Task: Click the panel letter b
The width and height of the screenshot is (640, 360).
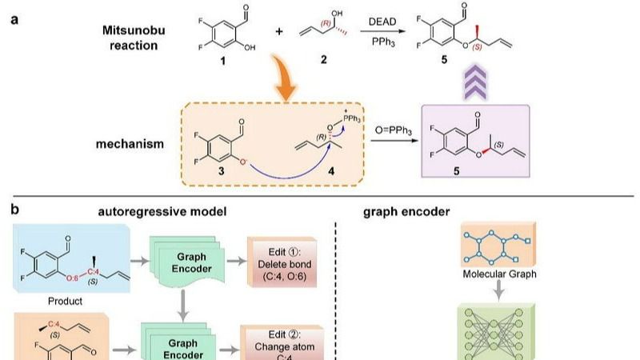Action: (14, 211)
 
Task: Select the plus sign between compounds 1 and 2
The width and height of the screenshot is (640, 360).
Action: (280, 33)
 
